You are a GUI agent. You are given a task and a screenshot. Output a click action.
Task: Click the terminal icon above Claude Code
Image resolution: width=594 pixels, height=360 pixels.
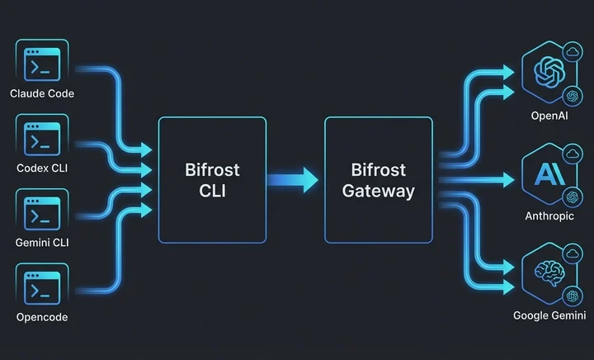tap(41, 63)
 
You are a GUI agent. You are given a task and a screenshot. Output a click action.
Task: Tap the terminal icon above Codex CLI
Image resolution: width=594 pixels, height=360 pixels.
tap(41, 139)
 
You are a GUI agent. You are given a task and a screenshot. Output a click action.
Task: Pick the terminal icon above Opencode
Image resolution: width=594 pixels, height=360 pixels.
tap(41, 288)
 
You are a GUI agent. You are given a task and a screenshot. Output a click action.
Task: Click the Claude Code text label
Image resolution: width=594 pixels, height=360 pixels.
tap(41, 93)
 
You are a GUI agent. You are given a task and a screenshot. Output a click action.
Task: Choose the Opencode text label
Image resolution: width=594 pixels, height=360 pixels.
tap(41, 317)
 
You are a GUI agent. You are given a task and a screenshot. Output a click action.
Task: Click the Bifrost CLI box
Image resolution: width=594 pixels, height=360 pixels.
tap(212, 180)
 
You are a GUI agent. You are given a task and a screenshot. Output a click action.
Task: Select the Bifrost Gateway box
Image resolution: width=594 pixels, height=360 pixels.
tap(379, 180)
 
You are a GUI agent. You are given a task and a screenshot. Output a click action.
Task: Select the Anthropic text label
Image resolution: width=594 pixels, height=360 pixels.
tap(549, 216)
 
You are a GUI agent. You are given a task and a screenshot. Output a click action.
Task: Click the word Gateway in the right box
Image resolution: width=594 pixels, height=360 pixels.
tap(379, 191)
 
